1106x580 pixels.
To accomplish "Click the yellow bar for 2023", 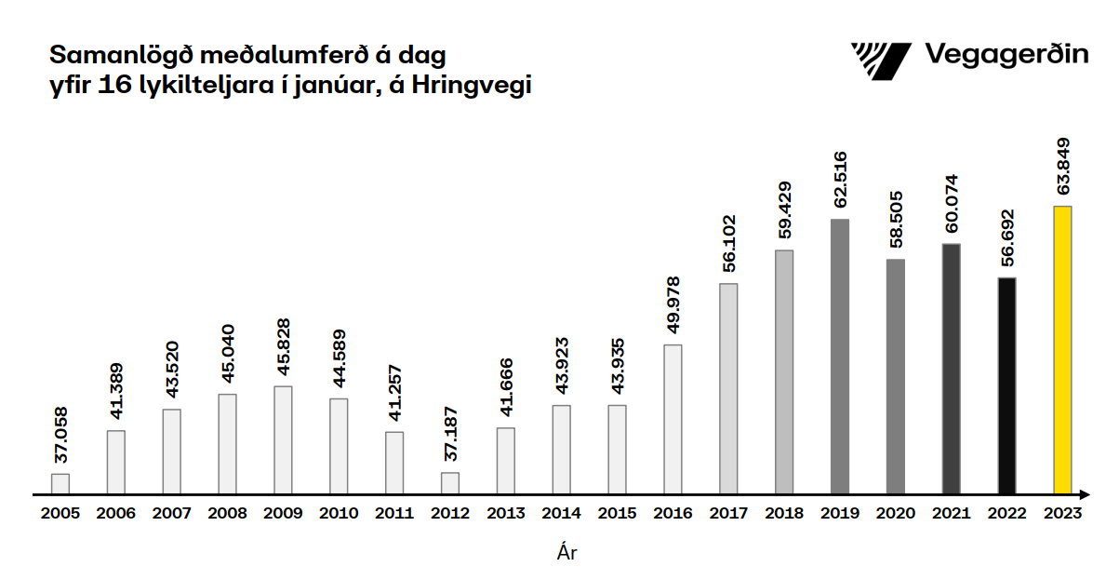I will tap(1062, 349).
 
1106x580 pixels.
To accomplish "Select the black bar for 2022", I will tap(1006, 385).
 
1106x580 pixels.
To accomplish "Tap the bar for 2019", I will tap(840, 356).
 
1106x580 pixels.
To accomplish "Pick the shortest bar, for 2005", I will tap(60, 483).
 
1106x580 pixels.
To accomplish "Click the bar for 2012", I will tap(450, 483).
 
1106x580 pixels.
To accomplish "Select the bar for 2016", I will tap(673, 419).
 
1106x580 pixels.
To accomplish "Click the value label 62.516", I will tap(840, 182).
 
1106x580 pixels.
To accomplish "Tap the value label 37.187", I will tap(450, 435).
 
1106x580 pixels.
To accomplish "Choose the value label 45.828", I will tap(283, 348).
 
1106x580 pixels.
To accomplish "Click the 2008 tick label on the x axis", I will tap(227, 513).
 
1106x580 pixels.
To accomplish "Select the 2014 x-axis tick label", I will tap(561, 513).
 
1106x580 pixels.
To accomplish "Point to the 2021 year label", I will tap(951, 513).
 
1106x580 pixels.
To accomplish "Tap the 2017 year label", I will tap(728, 513).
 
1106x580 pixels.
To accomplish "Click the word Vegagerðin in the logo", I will tap(1006, 54).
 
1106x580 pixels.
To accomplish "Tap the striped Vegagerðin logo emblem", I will tap(881, 61).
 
